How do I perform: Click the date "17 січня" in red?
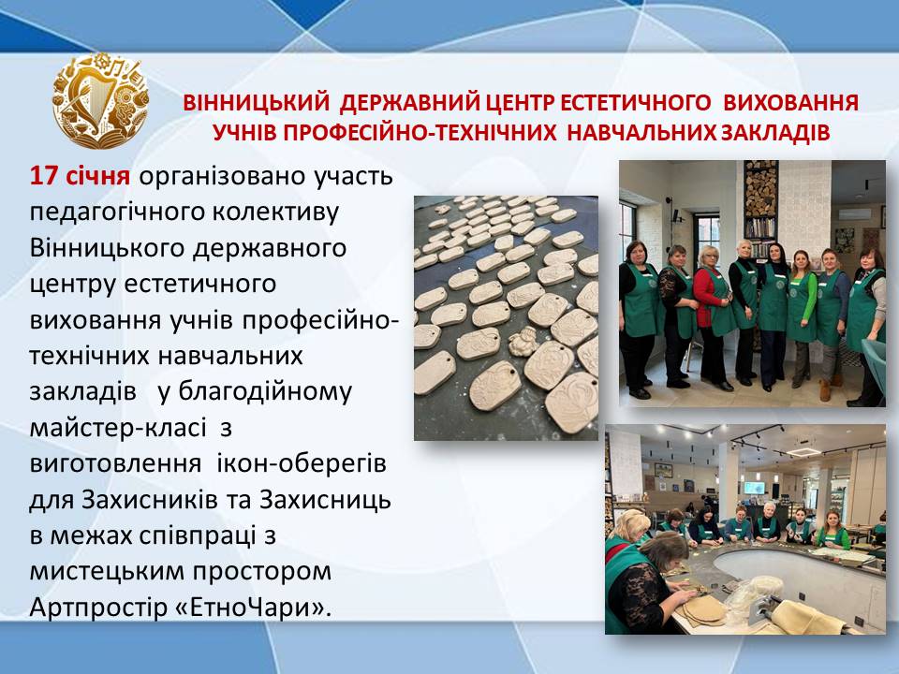point(80,176)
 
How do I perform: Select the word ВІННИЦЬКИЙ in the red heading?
point(257,103)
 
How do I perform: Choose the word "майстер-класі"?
point(118,428)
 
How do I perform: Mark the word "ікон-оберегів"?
point(302,463)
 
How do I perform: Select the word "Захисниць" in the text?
point(325,499)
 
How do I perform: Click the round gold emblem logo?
point(101,101)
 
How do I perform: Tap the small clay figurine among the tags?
point(523,342)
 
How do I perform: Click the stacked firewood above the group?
point(760,189)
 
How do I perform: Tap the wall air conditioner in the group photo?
point(854,213)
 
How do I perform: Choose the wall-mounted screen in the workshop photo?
point(754,489)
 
